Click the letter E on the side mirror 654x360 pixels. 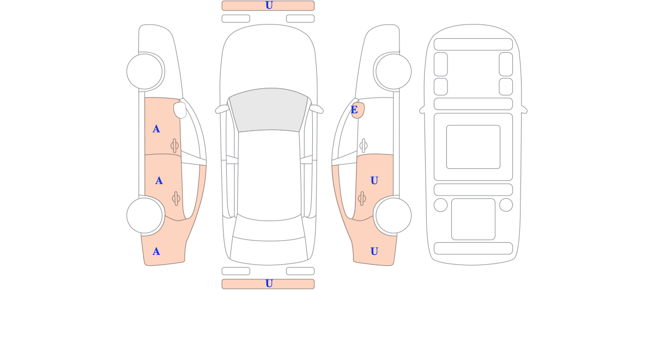(x=354, y=110)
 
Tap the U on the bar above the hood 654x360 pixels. (x=269, y=5)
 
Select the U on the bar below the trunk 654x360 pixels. (x=269, y=284)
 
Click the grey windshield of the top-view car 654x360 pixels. (x=268, y=109)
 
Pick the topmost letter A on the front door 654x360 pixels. (x=156, y=129)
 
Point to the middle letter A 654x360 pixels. (x=159, y=181)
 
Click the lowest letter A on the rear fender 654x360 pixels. (x=156, y=252)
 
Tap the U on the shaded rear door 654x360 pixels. (x=374, y=181)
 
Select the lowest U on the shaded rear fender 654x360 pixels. (x=374, y=251)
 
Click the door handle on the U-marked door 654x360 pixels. (x=362, y=199)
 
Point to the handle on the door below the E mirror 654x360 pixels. (x=364, y=145)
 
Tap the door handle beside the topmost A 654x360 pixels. (x=174, y=145)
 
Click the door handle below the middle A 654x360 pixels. (x=176, y=199)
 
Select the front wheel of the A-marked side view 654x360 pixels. (x=144, y=71)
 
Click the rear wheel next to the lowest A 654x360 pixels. (x=144, y=216)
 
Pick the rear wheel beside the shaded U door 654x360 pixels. (x=393, y=216)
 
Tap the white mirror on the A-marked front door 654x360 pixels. (x=180, y=110)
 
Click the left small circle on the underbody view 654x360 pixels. (x=440, y=205)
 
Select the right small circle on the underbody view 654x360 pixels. (x=506, y=205)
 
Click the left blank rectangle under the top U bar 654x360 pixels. (x=236, y=19)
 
